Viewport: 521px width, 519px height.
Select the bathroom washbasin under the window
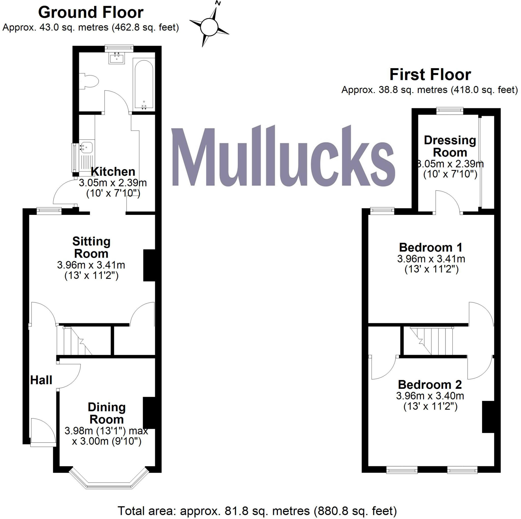click(117, 58)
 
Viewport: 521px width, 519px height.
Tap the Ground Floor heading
click(91, 13)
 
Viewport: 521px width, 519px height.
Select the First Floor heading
click(430, 75)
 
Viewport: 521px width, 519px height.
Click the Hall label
click(41, 380)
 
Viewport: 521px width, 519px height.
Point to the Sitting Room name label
click(91, 247)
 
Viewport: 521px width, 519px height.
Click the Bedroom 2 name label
click(430, 385)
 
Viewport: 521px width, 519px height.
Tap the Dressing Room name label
click(450, 146)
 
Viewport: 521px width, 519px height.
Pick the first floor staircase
click(431, 341)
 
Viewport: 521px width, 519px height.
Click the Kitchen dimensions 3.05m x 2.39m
click(113, 183)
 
